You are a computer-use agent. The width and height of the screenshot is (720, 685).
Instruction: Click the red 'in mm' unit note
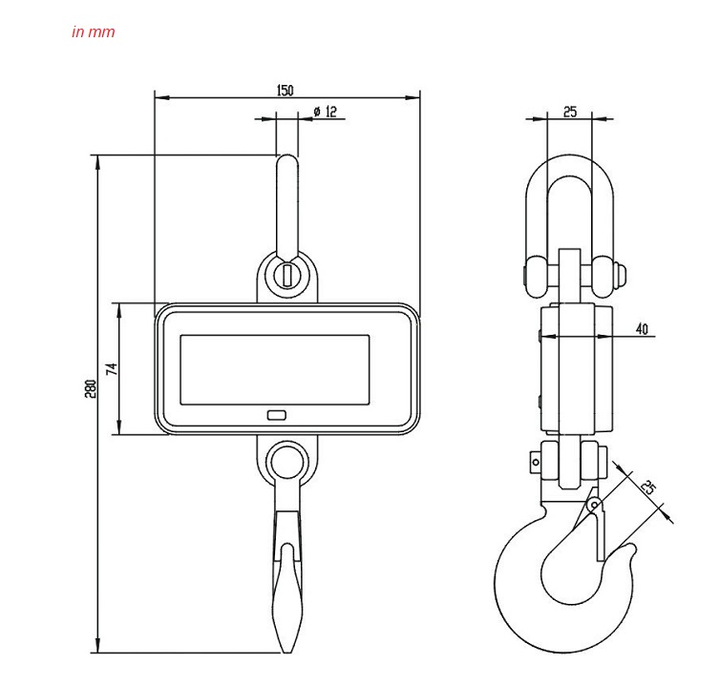[93, 31]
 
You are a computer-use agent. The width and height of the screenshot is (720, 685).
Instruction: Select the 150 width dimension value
[285, 91]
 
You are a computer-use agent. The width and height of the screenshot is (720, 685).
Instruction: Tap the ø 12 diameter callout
[325, 112]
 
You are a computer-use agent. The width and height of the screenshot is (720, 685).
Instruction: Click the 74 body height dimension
[112, 368]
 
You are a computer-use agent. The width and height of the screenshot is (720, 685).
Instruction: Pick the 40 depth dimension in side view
[641, 329]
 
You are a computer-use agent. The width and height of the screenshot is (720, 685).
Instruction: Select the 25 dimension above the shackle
[570, 112]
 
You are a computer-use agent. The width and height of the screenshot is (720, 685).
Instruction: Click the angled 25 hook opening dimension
[648, 488]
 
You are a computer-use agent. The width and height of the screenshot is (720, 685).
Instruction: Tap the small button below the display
[278, 415]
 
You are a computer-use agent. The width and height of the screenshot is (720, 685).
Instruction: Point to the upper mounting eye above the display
[287, 273]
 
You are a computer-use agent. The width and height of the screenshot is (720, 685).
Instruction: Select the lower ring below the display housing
[286, 461]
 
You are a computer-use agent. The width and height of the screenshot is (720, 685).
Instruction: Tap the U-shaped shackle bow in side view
[569, 172]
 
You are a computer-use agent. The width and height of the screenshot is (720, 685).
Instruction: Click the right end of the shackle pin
[622, 274]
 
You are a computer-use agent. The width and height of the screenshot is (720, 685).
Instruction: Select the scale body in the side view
[570, 367]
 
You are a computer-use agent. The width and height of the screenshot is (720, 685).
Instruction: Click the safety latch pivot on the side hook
[593, 504]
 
